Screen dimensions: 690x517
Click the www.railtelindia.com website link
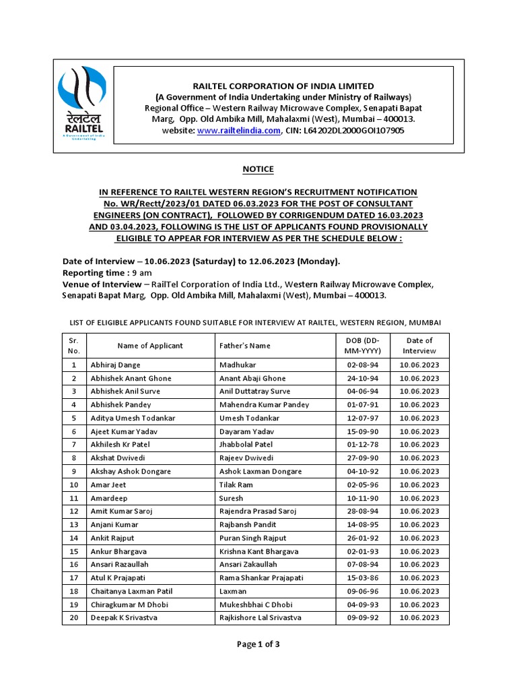coord(238,131)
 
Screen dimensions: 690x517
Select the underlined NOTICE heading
coord(258,169)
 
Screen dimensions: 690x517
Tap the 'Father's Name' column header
coord(245,346)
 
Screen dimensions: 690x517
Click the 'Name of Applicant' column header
coord(150,346)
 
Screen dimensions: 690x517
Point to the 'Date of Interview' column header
coord(419,346)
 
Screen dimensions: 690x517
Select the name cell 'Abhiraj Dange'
coord(116,365)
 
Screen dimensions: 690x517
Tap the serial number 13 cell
coord(74,525)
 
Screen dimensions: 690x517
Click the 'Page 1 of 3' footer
coord(258,644)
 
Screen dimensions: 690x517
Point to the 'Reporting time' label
coord(94,273)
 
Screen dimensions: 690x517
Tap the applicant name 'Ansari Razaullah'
coord(120,565)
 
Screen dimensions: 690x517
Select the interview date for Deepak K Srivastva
coord(419,618)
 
